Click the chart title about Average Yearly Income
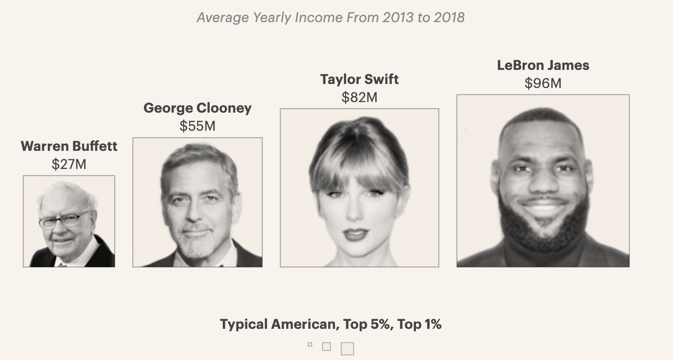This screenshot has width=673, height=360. click(x=330, y=18)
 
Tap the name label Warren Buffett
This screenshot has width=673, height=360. click(x=69, y=146)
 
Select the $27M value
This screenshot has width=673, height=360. click(x=69, y=164)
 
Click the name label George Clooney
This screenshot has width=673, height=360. click(x=197, y=108)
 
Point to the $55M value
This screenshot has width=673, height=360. click(x=197, y=126)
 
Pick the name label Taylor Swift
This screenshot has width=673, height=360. click(x=359, y=79)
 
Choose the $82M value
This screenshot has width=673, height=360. click(x=359, y=97)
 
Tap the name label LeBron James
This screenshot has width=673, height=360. click(x=543, y=65)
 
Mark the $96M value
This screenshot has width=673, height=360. click(x=543, y=83)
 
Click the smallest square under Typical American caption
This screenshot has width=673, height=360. click(x=310, y=344)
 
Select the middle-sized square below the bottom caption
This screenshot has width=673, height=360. click(x=326, y=346)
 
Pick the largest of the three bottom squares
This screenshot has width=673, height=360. click(x=347, y=348)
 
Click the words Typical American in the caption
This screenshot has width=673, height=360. click(x=278, y=324)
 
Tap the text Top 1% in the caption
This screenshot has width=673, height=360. click(x=419, y=324)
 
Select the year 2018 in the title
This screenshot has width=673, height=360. click(x=449, y=18)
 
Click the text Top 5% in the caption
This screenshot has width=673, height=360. click(x=367, y=324)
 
